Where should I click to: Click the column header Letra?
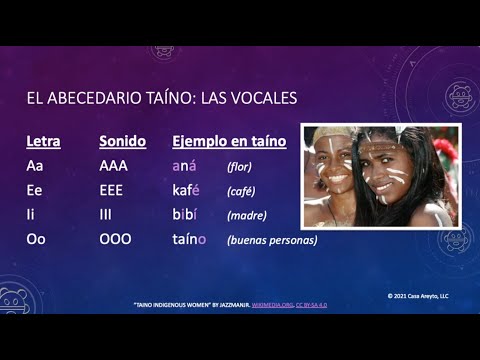pos(43,142)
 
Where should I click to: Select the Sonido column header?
pos(122,142)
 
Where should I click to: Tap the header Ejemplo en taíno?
pos(229,142)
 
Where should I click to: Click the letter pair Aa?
pos(35,166)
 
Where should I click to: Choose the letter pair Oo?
pos(36,239)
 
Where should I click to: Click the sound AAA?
pos(115,166)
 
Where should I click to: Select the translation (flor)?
pos(241,166)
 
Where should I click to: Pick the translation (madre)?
pos(247,215)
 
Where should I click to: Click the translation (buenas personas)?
pos(272,240)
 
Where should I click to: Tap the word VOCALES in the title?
pos(261,98)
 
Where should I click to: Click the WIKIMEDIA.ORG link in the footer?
pos(269,304)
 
